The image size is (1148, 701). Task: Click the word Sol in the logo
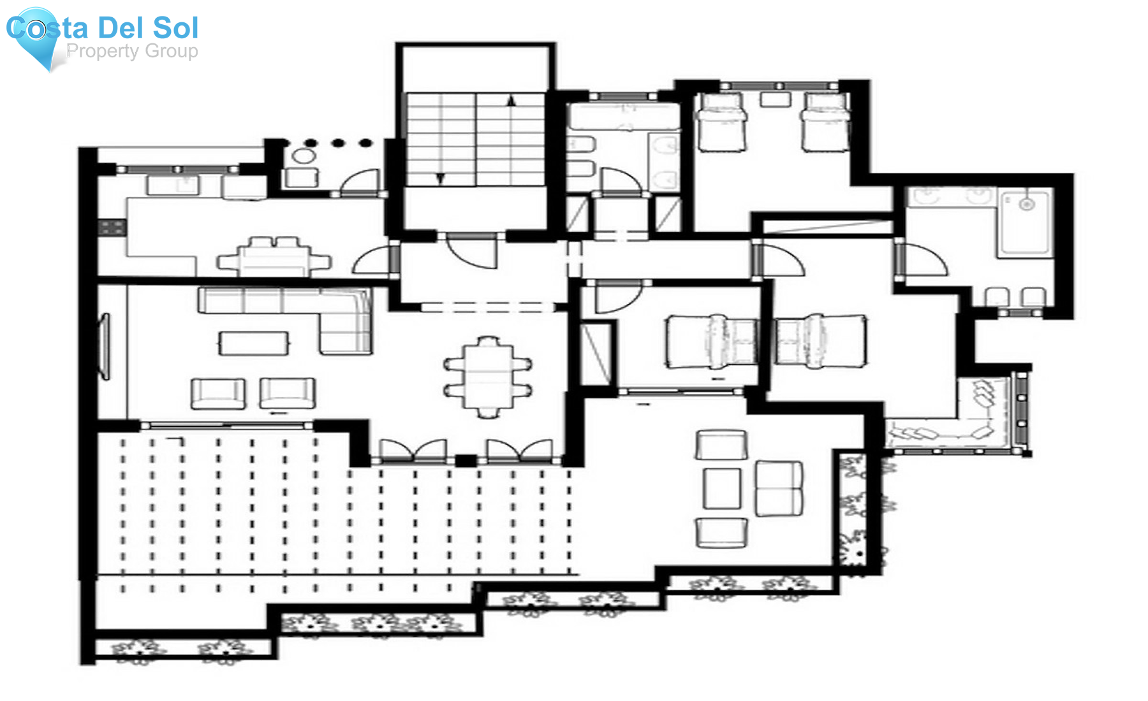click(175, 27)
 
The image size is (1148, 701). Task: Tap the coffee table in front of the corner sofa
click(254, 343)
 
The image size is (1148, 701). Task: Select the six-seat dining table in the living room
click(488, 377)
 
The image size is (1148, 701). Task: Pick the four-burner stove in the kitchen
click(112, 228)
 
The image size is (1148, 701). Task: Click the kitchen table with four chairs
click(274, 257)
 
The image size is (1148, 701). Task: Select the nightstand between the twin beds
click(775, 99)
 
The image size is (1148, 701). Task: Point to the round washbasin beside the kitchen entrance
click(304, 155)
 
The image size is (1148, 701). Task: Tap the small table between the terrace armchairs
click(722, 488)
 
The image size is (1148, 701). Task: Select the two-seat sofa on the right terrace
click(779, 488)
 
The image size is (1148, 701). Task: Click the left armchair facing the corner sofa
click(218, 394)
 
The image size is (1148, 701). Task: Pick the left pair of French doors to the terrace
click(413, 451)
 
